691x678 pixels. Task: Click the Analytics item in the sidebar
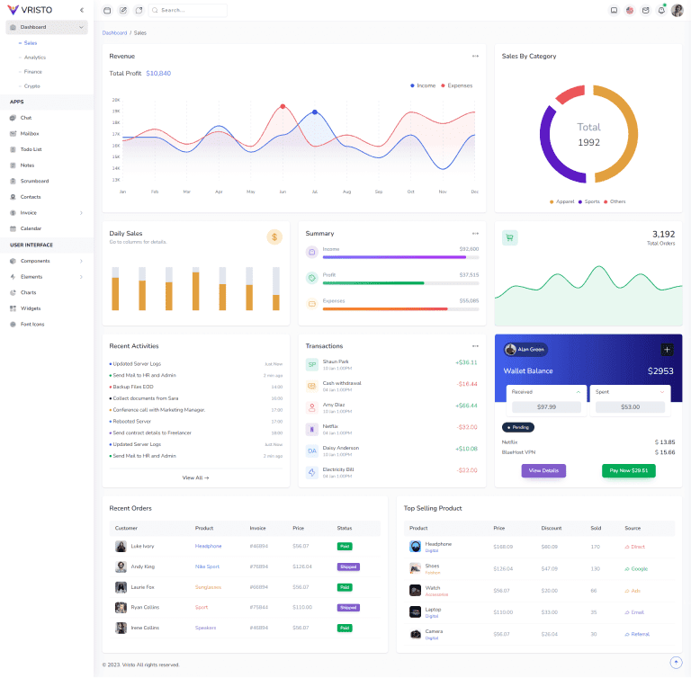pyautogui.click(x=35, y=58)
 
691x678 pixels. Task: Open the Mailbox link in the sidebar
pyautogui.click(x=30, y=133)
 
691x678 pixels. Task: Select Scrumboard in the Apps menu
pyautogui.click(x=34, y=181)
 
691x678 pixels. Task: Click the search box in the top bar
pyautogui.click(x=189, y=10)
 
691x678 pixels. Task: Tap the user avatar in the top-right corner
pyautogui.click(x=677, y=10)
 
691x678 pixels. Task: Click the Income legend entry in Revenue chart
pyautogui.click(x=424, y=85)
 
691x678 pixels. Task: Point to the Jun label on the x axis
pyautogui.click(x=283, y=192)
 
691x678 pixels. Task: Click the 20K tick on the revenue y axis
pyautogui.click(x=116, y=100)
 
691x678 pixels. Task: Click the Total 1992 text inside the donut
pyautogui.click(x=588, y=134)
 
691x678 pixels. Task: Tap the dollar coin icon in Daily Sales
pyautogui.click(x=274, y=236)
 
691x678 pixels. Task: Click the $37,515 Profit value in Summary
pyautogui.click(x=469, y=275)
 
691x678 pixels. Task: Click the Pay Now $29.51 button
pyautogui.click(x=628, y=470)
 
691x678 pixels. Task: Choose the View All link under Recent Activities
pyautogui.click(x=195, y=477)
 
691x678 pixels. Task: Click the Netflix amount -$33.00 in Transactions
pyautogui.click(x=467, y=427)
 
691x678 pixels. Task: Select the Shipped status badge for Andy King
pyautogui.click(x=348, y=566)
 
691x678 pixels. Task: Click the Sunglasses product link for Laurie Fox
pyautogui.click(x=209, y=587)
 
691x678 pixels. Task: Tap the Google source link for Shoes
pyautogui.click(x=637, y=568)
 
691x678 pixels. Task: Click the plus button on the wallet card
pyautogui.click(x=667, y=350)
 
